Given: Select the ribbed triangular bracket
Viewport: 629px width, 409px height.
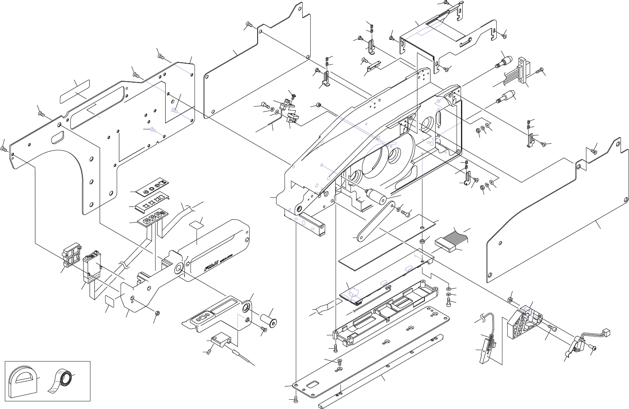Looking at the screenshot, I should click(523, 323).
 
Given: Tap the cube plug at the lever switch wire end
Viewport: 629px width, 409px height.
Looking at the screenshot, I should click(607, 332).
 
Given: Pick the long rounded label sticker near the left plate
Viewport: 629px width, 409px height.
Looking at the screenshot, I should click(75, 92).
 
